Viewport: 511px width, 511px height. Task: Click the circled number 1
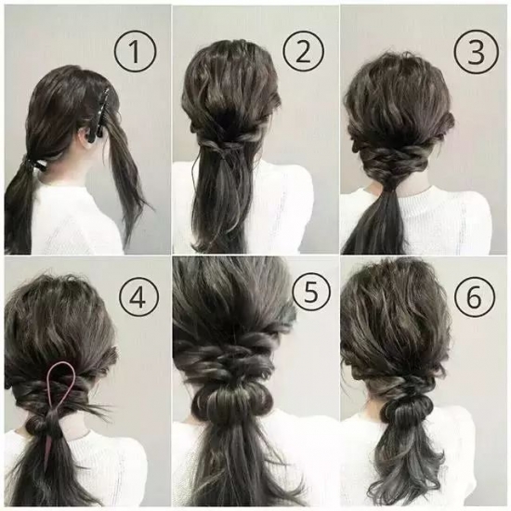click(x=135, y=51)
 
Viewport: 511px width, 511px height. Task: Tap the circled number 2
click(x=304, y=51)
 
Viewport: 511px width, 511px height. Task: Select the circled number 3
click(x=476, y=51)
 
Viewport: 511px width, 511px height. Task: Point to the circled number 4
click(x=139, y=296)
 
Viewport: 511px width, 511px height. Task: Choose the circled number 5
click(x=311, y=291)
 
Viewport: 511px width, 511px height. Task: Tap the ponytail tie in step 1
click(x=35, y=164)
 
